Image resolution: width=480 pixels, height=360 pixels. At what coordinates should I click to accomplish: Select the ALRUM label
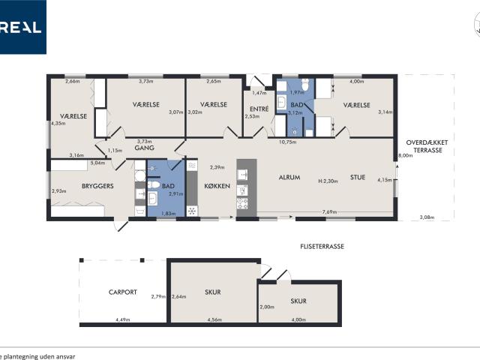(x=289, y=178)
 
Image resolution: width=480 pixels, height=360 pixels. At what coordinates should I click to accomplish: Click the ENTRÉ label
(x=258, y=109)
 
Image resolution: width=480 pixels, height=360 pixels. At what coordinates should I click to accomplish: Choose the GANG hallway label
(x=144, y=148)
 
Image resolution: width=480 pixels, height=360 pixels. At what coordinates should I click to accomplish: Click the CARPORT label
(x=122, y=292)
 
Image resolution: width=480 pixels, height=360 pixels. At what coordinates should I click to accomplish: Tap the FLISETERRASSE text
(x=322, y=245)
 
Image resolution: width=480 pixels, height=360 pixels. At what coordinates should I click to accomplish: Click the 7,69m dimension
(x=328, y=212)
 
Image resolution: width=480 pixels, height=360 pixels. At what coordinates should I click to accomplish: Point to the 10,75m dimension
(x=288, y=142)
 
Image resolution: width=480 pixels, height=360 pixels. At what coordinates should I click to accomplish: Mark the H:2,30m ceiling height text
(x=328, y=181)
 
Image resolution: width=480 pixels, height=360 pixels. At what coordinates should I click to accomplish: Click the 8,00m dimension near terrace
(x=405, y=156)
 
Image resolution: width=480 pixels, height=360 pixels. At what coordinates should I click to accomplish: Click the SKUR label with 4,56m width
(x=213, y=292)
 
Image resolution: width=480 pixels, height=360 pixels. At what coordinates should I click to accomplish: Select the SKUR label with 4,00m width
(x=298, y=301)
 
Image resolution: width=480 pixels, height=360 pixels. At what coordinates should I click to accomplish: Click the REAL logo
(x=22, y=28)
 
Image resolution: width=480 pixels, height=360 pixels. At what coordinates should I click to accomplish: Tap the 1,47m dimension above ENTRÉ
(x=259, y=93)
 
